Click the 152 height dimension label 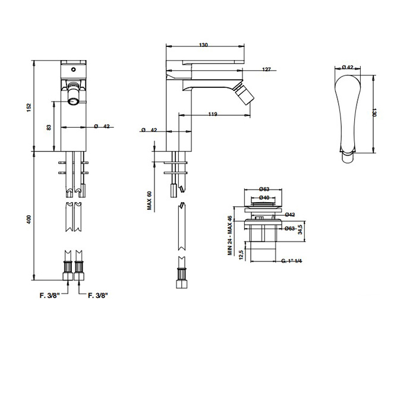29,108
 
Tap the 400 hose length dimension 29,219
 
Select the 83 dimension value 49,127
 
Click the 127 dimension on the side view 266,70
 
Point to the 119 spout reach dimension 213,114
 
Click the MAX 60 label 149,201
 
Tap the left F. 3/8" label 50,295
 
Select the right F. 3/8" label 98,295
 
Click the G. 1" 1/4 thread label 292,261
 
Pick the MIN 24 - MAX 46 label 230,235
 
